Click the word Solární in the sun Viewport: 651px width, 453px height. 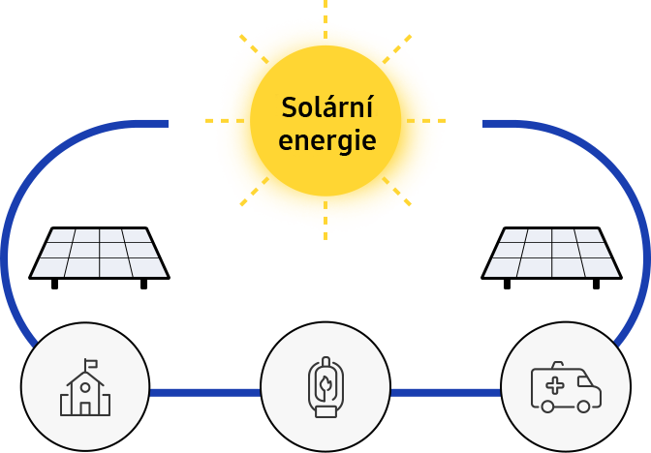click(327, 107)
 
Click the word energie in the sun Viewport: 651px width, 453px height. click(327, 141)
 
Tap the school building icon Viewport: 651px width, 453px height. click(85, 387)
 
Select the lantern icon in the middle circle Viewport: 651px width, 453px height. click(325, 386)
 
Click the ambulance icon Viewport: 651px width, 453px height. click(566, 386)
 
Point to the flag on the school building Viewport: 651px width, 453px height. click(91, 364)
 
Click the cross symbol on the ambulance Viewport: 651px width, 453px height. click(555, 386)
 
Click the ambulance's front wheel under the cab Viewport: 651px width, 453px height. click(583, 407)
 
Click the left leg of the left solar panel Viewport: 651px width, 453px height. click(54, 285)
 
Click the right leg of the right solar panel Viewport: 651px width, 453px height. click(596, 285)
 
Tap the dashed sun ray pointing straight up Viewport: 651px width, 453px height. click(325, 19)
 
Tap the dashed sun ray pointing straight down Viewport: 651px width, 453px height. click(325, 221)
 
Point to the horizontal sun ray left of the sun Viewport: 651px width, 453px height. click(225, 121)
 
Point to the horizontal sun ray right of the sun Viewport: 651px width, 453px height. click(426, 121)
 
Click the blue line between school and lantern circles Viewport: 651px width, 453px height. click(205, 393)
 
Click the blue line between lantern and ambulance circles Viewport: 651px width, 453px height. click(446, 393)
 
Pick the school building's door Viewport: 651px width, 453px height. click(85, 408)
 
